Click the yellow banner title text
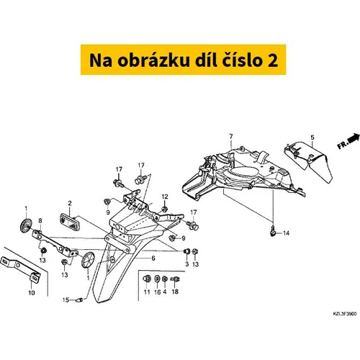184,60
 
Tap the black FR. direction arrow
354,138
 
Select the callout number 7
231,136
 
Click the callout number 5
312,138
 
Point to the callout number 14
286,233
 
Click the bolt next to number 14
272,231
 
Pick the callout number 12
165,197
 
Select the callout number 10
32,292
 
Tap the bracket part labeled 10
20,268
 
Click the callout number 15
66,300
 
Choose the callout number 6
153,258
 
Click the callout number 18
175,292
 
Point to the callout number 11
147,292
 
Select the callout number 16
158,292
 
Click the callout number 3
187,264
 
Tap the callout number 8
40,220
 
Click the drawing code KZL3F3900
345,314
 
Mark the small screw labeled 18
175,279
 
